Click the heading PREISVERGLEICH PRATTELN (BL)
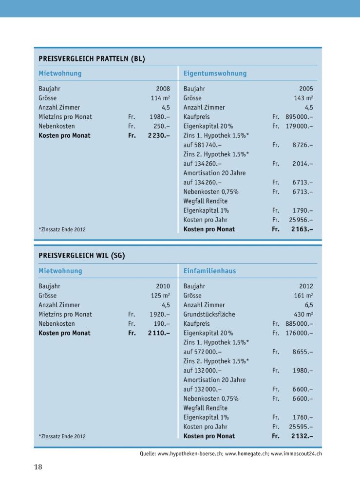click(x=92, y=59)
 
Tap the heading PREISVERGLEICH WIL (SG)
click(x=82, y=256)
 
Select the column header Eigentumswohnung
click(x=215, y=74)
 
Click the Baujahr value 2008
click(x=163, y=89)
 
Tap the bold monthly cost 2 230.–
click(x=159, y=135)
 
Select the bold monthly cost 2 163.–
click(x=302, y=229)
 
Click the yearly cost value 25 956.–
click(x=301, y=220)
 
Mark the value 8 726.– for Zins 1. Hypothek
click(x=303, y=145)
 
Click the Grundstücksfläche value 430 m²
click(x=303, y=314)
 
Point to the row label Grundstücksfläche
click(x=209, y=314)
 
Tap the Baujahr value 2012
click(x=306, y=286)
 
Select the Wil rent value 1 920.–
click(x=159, y=314)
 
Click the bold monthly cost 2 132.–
click(x=302, y=436)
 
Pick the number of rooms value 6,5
click(x=309, y=305)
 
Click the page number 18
click(x=38, y=467)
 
